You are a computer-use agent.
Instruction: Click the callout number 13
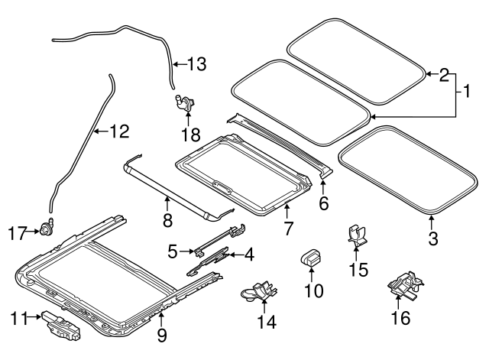point(196,64)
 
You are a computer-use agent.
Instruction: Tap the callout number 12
point(119,131)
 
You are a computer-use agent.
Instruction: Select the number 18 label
point(190,135)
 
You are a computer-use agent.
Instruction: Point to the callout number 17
point(17,233)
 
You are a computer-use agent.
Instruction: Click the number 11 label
point(18,319)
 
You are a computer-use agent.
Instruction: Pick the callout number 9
point(162,336)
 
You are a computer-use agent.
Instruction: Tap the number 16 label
point(400,318)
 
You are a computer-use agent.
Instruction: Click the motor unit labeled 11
point(61,325)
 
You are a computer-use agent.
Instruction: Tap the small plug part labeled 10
point(311,258)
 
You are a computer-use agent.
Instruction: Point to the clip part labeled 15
point(357,235)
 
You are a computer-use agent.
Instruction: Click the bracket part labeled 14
point(258,291)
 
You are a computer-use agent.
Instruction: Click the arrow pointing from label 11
point(34,317)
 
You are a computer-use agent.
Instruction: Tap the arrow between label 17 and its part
point(33,231)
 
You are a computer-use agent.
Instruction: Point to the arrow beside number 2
point(432,74)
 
